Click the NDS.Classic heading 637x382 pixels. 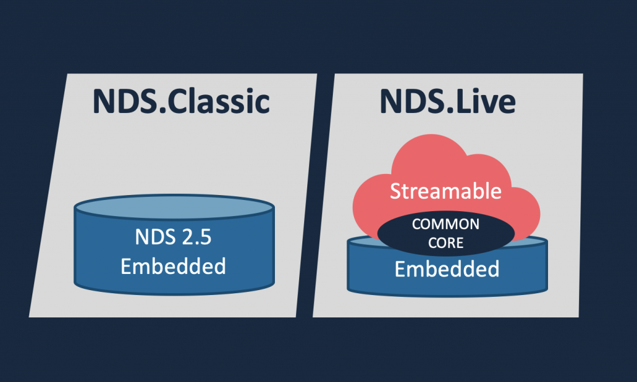(181, 101)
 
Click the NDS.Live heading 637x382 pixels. (448, 101)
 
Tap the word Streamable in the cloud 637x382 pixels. (445, 191)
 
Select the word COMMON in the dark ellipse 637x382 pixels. (445, 224)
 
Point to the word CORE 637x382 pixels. (445, 243)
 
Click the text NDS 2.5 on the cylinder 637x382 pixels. (173, 237)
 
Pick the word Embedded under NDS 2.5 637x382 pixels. (173, 266)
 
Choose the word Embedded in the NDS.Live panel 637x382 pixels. (447, 270)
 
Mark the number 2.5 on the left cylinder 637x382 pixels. (197, 237)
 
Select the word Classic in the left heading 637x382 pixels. (218, 101)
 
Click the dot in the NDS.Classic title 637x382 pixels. (163, 111)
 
